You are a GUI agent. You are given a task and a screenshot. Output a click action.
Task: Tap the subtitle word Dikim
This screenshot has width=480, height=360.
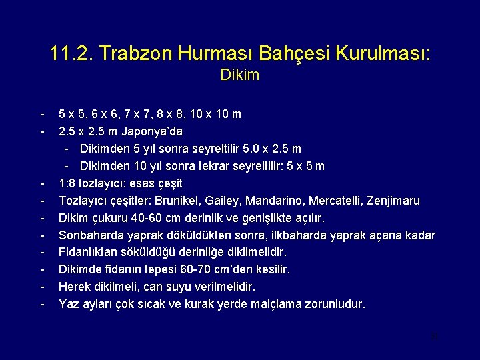(239, 75)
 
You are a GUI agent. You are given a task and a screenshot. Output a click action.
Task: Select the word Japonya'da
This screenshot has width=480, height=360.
(152, 131)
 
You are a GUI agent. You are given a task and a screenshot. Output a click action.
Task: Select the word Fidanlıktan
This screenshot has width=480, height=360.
(89, 253)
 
